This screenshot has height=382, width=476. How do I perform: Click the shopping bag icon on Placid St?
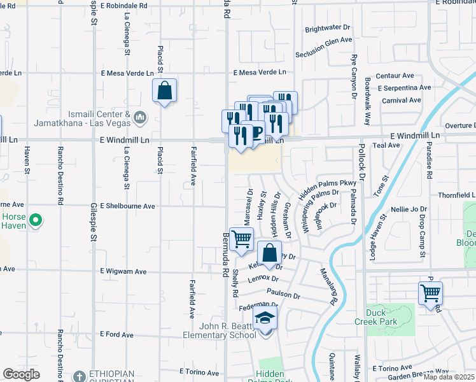(x=164, y=90)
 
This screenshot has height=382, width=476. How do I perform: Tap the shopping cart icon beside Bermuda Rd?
(x=241, y=240)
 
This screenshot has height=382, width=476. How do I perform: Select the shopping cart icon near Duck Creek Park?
(x=431, y=294)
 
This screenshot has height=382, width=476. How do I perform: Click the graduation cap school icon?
(x=265, y=320)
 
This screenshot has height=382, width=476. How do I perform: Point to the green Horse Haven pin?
(x=36, y=222)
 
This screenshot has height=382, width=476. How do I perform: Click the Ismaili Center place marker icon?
(x=141, y=117)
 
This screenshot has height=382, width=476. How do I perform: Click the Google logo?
(x=21, y=374)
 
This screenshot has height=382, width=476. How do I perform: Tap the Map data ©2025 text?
(x=449, y=377)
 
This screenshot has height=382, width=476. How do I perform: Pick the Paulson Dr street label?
(x=284, y=295)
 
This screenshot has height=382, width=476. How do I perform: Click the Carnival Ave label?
(x=401, y=101)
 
